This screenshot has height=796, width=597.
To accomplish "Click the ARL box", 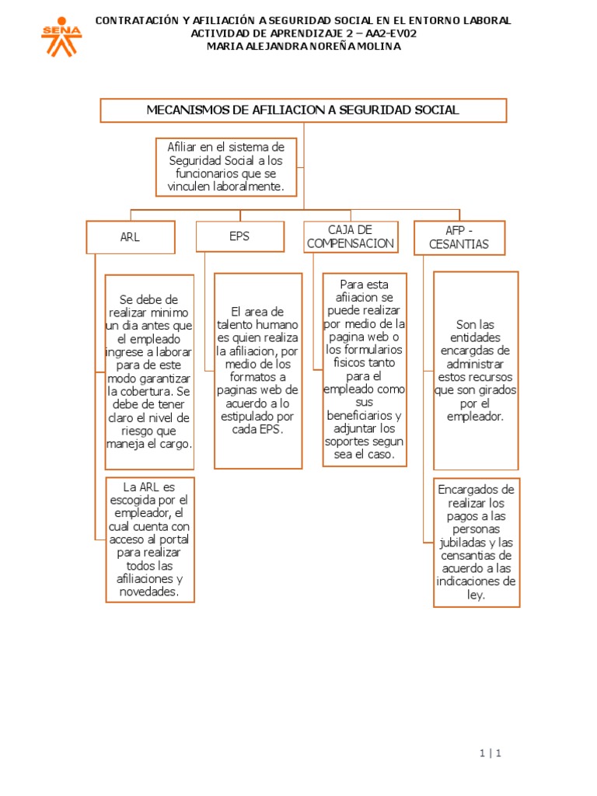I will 130,237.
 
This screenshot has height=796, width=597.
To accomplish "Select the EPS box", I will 239,236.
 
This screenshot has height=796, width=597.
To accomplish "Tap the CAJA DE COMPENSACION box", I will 351,236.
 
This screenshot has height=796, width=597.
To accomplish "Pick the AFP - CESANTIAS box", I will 459,237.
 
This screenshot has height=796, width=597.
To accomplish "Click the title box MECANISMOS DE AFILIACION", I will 303,110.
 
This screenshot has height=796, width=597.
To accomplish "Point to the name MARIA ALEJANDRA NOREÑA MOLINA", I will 303,47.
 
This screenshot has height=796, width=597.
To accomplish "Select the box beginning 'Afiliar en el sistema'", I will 226,167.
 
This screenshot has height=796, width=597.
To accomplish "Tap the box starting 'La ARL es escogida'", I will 150,539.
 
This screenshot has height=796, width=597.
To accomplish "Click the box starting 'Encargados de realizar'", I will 476,542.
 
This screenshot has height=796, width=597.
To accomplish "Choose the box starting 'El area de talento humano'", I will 258,371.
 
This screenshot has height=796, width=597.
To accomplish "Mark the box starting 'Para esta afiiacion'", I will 364,369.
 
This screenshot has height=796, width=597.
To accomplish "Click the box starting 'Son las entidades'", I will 475,371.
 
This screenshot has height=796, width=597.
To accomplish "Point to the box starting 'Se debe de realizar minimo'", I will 149,371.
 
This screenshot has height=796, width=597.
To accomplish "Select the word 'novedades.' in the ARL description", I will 150,592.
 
